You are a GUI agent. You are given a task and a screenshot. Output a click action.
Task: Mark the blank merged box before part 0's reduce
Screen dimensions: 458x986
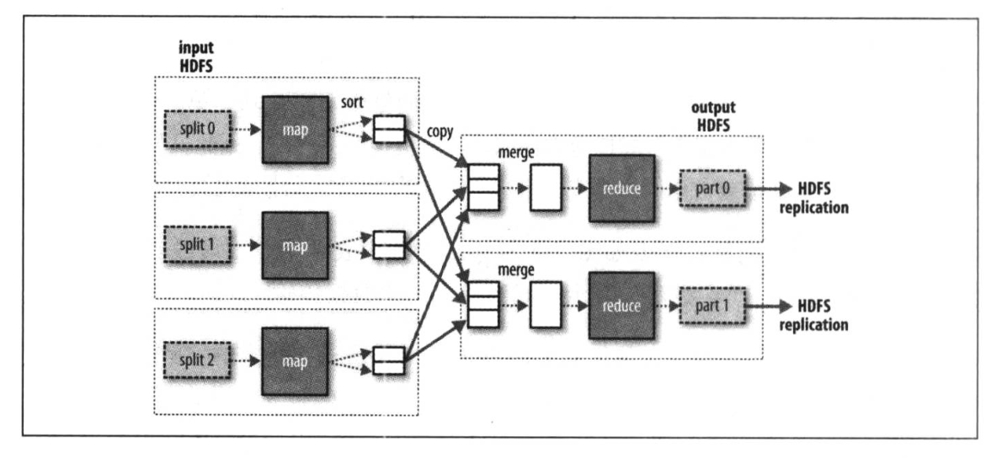tap(543, 189)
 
